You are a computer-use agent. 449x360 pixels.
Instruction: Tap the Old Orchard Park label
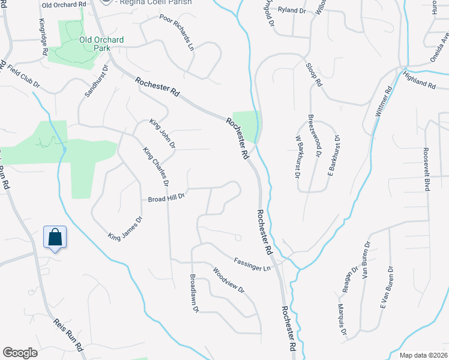[101, 44]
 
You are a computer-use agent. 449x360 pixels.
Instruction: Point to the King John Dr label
[162, 133]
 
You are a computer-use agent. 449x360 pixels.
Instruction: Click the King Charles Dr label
[156, 167]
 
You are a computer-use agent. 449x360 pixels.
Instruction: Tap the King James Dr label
[125, 228]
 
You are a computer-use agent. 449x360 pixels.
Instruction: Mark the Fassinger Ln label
[252, 265]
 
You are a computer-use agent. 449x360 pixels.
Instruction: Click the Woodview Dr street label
[229, 280]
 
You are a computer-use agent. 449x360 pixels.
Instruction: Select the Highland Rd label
[420, 80]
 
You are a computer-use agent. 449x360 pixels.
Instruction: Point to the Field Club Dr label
[23, 76]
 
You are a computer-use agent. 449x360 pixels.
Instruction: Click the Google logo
[20, 352]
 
